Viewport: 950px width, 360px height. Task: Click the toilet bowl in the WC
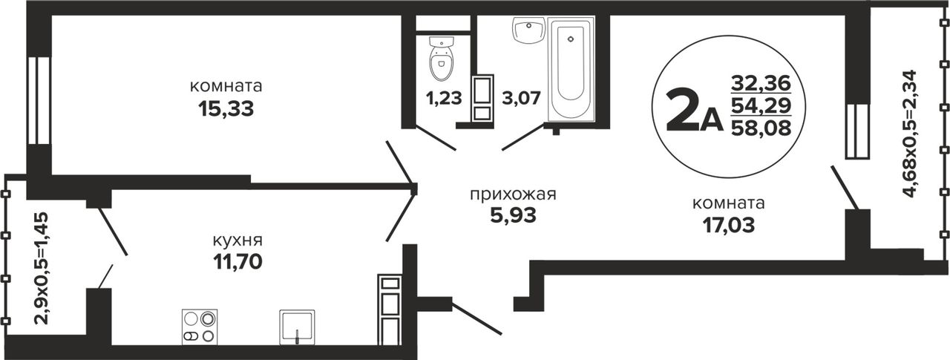pyautogui.click(x=442, y=59)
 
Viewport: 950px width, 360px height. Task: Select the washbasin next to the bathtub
pyautogui.click(x=528, y=29)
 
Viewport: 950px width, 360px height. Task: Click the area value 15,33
pyautogui.click(x=226, y=109)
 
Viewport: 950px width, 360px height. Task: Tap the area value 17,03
pyautogui.click(x=729, y=225)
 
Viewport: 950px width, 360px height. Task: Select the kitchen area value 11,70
pyautogui.click(x=237, y=261)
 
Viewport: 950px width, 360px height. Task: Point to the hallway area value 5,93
pyautogui.click(x=513, y=215)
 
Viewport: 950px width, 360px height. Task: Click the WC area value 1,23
pyautogui.click(x=444, y=98)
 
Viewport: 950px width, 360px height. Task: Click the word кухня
pyautogui.click(x=237, y=240)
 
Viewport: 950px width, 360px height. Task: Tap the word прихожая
pyautogui.click(x=513, y=194)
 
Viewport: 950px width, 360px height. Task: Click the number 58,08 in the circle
pyautogui.click(x=761, y=127)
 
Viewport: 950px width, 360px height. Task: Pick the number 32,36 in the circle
pyautogui.click(x=761, y=82)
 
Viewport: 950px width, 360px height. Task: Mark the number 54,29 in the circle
pyautogui.click(x=761, y=105)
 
